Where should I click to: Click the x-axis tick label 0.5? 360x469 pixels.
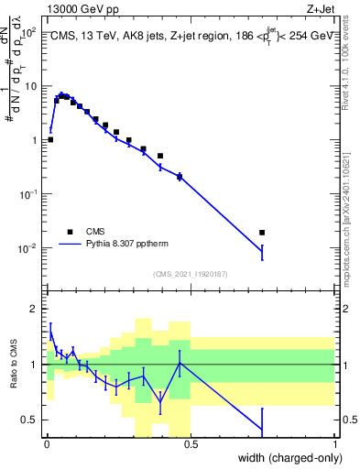tap(191, 444)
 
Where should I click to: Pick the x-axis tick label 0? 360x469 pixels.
tap(46, 444)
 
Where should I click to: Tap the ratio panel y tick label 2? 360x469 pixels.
tap(33, 308)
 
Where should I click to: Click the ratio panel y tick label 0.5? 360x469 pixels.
tap(29, 420)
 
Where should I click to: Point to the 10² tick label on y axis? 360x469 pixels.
tap(27, 32)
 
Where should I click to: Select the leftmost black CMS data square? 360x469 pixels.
tap(50, 139)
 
